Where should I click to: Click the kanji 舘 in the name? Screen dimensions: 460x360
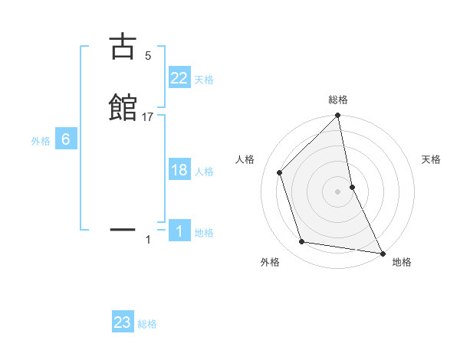(123, 106)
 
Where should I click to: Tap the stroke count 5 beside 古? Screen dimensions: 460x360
(148, 56)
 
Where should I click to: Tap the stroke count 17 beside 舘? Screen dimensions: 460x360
(149, 117)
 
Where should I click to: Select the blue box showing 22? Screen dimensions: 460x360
(179, 77)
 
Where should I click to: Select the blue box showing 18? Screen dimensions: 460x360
(179, 170)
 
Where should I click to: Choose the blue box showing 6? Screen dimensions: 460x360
(66, 139)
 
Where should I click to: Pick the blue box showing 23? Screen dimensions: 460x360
(123, 322)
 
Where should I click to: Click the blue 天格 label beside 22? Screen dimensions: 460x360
(204, 79)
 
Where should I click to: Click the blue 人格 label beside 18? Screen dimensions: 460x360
(204, 172)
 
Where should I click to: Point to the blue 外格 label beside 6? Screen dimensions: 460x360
(41, 141)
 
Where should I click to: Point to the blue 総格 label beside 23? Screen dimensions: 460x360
(147, 324)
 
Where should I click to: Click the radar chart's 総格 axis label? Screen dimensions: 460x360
(338, 100)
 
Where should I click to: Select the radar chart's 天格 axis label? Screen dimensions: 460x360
(432, 159)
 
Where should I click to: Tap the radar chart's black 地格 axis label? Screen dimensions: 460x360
(402, 262)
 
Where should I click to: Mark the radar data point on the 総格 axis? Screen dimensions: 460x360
(338, 116)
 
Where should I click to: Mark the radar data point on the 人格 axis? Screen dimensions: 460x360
(280, 172)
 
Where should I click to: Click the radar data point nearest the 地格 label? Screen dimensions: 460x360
(382, 252)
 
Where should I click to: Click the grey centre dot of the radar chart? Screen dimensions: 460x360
(338, 191)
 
